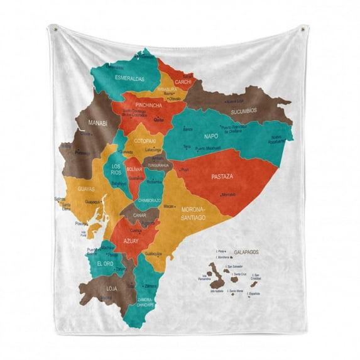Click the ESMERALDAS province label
point(129,79)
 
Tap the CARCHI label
point(183,82)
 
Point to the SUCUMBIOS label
point(243,110)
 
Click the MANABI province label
point(98,123)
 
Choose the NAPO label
point(211,136)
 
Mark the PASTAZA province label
point(222,177)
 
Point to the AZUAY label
point(131,241)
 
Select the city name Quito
point(158,119)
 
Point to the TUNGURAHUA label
point(156,165)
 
